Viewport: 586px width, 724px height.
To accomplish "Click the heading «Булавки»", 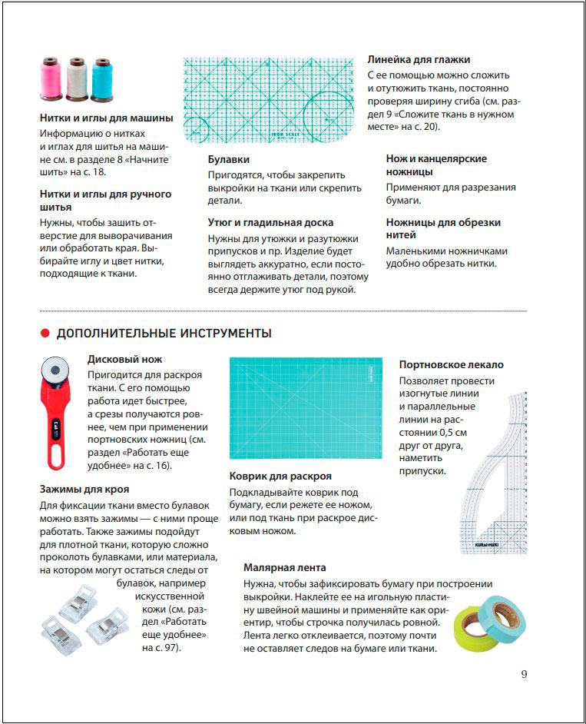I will tap(228, 160).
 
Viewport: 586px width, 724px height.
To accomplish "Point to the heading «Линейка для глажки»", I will tap(419, 59).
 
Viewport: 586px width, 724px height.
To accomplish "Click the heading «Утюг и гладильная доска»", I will tap(270, 222).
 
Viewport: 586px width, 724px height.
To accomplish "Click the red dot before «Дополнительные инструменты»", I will tap(45, 334).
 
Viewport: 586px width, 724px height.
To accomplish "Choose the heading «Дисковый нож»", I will tap(124, 359).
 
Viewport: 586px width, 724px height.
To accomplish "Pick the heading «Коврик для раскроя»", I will tap(280, 476).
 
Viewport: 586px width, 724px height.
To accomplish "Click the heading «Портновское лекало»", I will tap(451, 364).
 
